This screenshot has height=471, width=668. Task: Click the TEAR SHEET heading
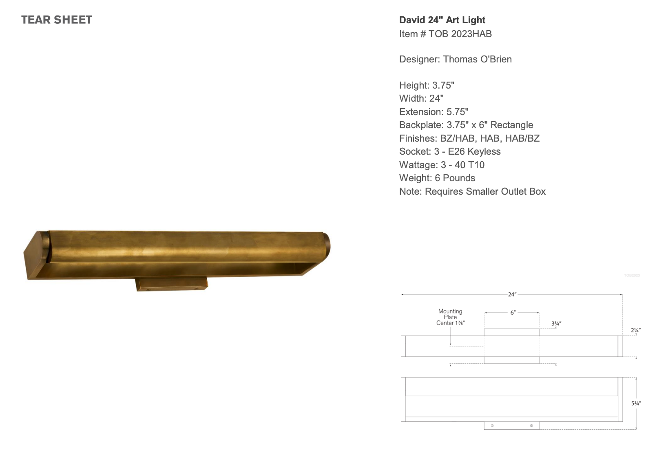56,20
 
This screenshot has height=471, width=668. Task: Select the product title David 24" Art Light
442,20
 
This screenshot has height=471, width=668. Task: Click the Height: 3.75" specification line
427,85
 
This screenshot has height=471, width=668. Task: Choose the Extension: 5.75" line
434,112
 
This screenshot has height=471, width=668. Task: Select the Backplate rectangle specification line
466,125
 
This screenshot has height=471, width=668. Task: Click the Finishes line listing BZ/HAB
469,138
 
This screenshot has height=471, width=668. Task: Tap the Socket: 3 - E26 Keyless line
449,151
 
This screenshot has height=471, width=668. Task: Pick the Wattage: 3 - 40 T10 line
442,165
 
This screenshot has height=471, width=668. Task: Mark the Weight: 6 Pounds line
437,178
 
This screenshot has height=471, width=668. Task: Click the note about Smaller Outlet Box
472,191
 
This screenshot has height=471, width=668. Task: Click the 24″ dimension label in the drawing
512,294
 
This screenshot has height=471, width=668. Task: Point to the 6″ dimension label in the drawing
513,313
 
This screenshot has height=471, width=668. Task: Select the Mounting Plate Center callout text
450,317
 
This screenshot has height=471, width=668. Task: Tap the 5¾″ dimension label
636,403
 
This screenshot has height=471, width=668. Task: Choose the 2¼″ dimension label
635,330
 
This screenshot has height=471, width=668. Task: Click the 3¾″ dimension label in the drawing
556,323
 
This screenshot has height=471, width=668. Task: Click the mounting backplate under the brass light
172,284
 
